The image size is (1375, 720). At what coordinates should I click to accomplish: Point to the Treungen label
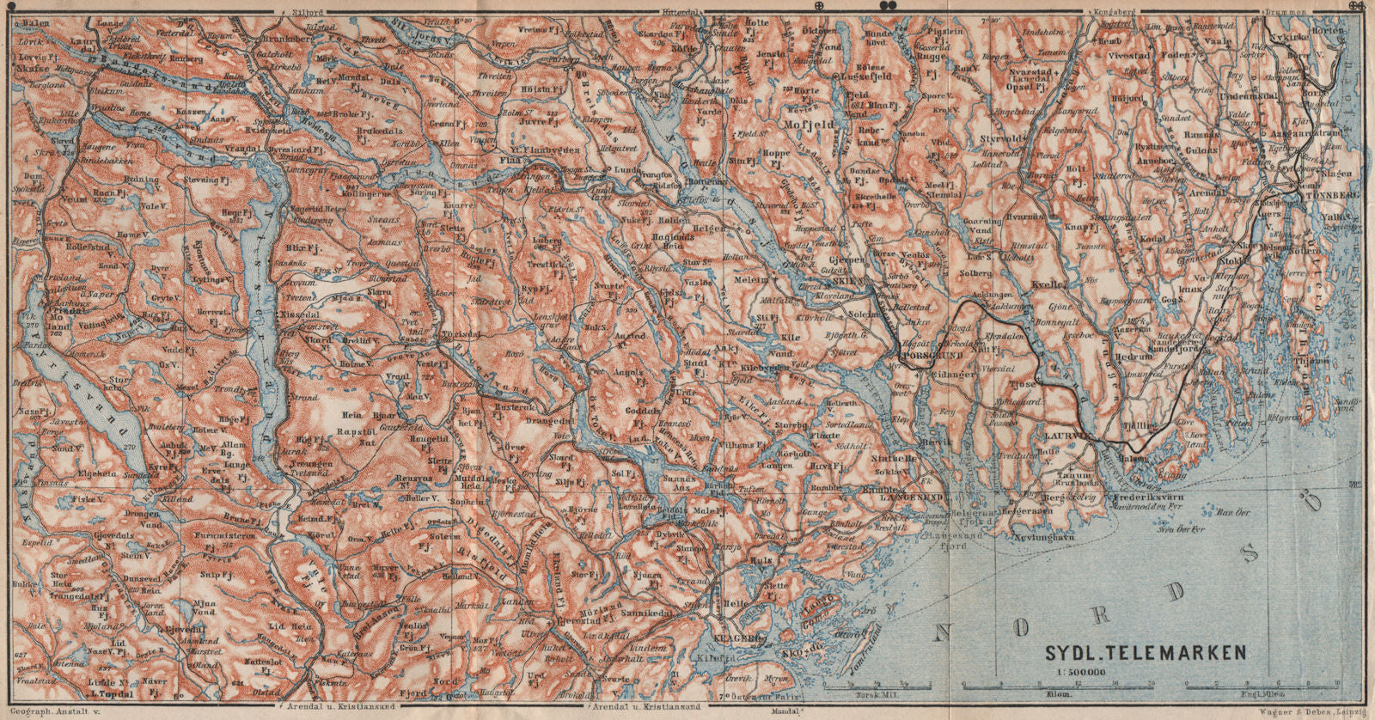pos(315,462)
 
